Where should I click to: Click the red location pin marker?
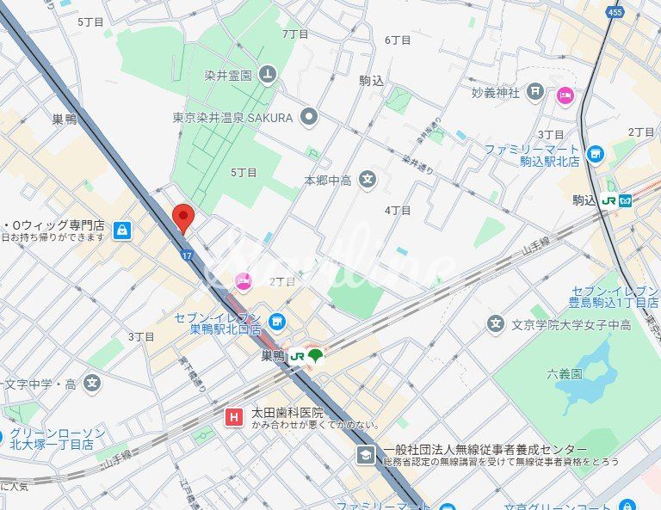tap(182, 217)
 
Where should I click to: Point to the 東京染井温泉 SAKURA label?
tap(232, 117)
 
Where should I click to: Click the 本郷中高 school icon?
tap(368, 180)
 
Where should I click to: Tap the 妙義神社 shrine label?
tap(496, 92)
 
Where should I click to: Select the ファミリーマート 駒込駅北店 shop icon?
tap(595, 155)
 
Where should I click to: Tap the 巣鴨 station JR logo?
tap(297, 355)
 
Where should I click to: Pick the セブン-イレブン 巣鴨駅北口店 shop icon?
tap(276, 323)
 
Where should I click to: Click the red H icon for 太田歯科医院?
tap(232, 418)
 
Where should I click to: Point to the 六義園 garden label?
tap(565, 373)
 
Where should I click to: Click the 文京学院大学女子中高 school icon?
tap(495, 324)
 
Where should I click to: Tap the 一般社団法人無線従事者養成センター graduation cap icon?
tap(366, 454)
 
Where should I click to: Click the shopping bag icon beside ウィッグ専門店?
tap(122, 230)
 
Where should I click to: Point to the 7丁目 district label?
tap(294, 34)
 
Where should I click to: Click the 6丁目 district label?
tap(398, 40)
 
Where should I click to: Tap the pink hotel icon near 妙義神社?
tap(565, 95)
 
